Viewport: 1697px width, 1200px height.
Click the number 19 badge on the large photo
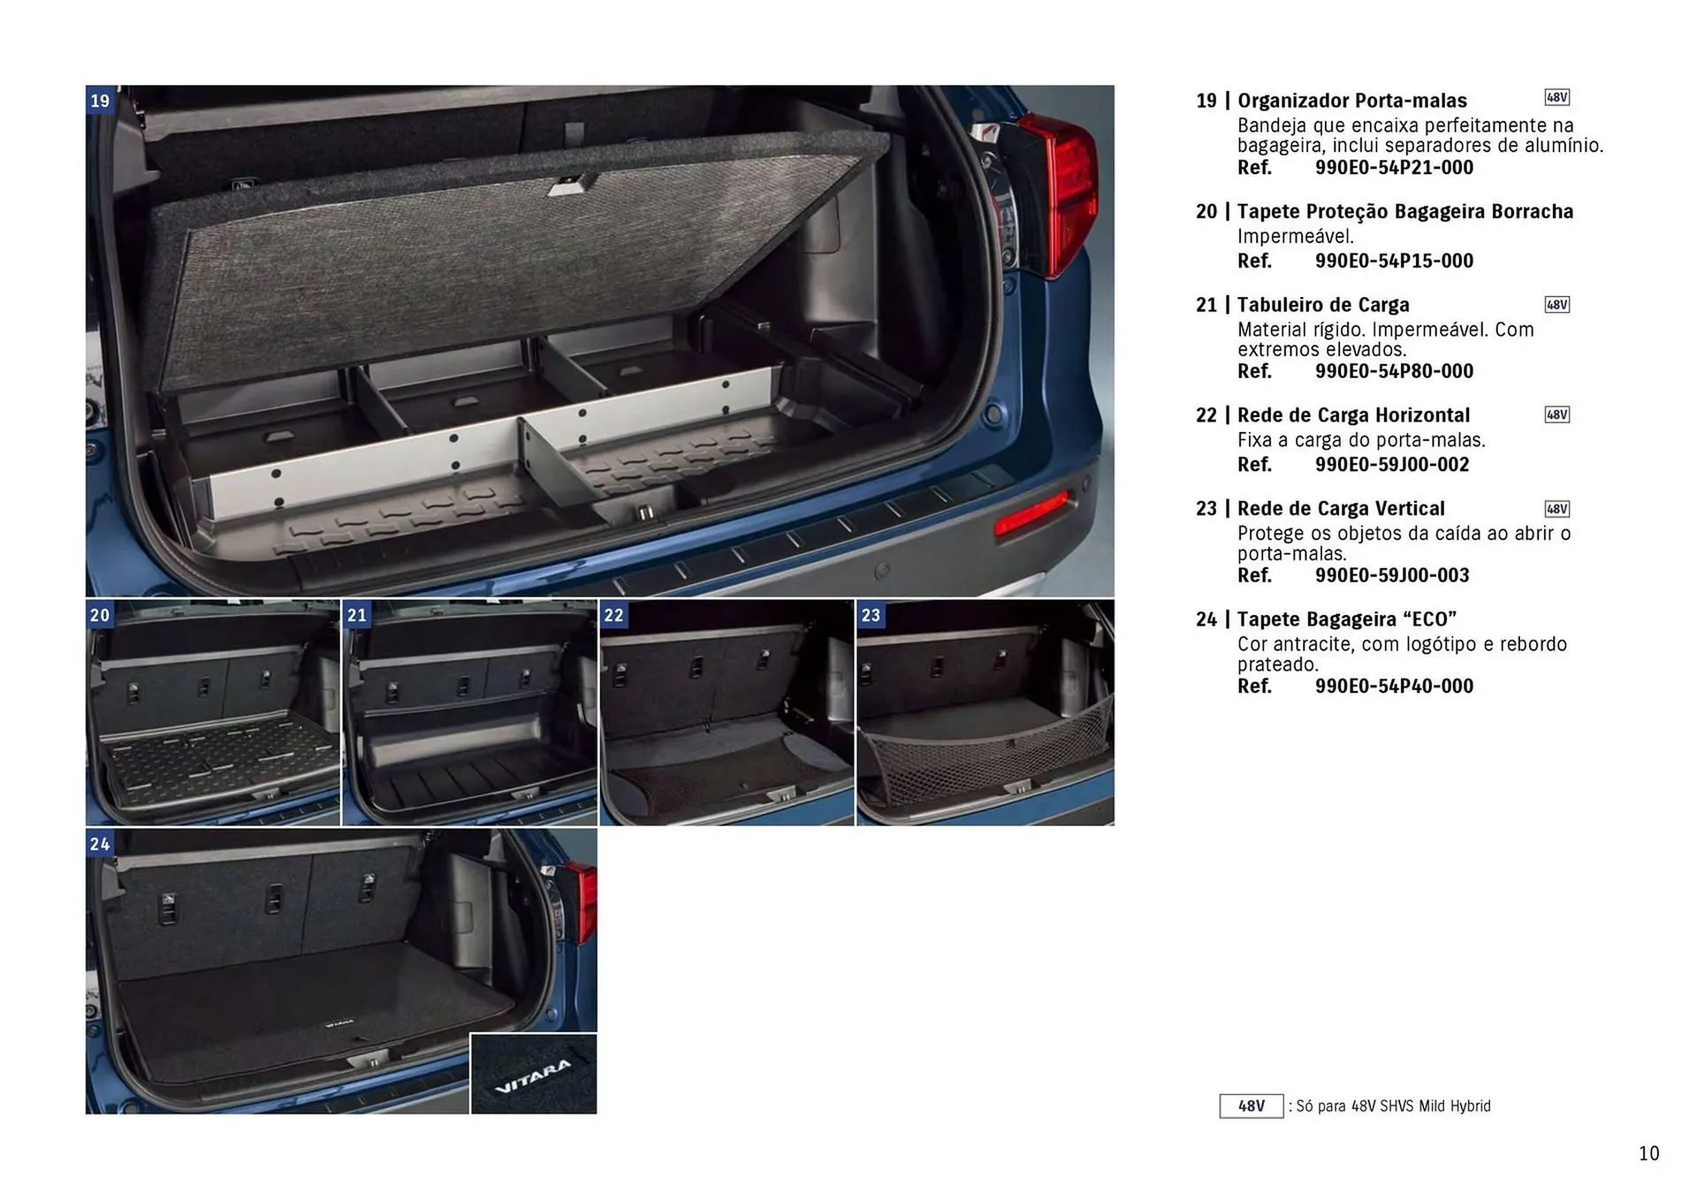[100, 101]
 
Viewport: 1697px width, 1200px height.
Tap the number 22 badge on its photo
[613, 615]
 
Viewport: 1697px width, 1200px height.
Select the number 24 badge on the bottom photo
[100, 844]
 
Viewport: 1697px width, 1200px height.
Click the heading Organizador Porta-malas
[1351, 101]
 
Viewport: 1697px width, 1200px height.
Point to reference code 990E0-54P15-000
[1394, 261]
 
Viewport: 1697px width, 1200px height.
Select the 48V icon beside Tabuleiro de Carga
[1556, 305]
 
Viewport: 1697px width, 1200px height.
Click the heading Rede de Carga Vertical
[1340, 509]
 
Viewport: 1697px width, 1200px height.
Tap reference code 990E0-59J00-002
[1391, 465]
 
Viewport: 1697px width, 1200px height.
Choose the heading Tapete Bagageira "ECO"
[1346, 619]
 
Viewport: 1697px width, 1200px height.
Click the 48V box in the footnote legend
[1251, 1106]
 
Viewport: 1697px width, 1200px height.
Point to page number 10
[1648, 1153]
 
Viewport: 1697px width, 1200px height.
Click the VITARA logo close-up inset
[533, 1075]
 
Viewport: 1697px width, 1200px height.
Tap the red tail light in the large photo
[1056, 194]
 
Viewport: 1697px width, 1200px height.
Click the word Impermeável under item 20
[1295, 237]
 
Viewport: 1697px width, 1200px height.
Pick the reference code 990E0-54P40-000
[1394, 687]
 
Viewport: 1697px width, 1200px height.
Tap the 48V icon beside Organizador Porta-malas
[1556, 97]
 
